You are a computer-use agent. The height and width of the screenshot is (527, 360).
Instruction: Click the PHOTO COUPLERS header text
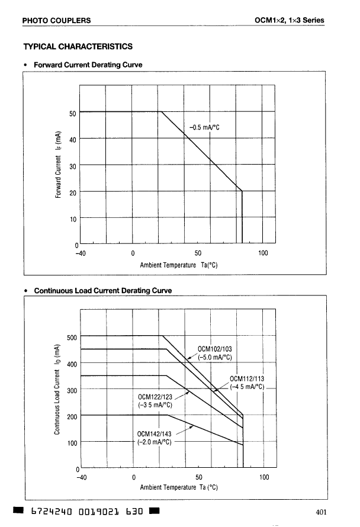pos(56,21)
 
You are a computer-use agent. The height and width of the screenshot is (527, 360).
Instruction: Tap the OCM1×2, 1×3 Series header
pos(289,21)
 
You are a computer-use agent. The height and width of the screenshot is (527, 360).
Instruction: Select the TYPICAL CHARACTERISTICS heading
pos(78,46)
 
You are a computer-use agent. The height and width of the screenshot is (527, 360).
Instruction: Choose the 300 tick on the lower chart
pos(72,391)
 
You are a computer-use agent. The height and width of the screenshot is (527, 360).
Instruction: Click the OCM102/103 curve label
pos(217,349)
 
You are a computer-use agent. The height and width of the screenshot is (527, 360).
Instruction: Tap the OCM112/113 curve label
pos(246,380)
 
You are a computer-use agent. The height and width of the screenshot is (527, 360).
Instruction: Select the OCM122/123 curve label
pos(155,397)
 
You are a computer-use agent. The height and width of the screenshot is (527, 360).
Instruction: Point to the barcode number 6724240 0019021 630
pos(82,511)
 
